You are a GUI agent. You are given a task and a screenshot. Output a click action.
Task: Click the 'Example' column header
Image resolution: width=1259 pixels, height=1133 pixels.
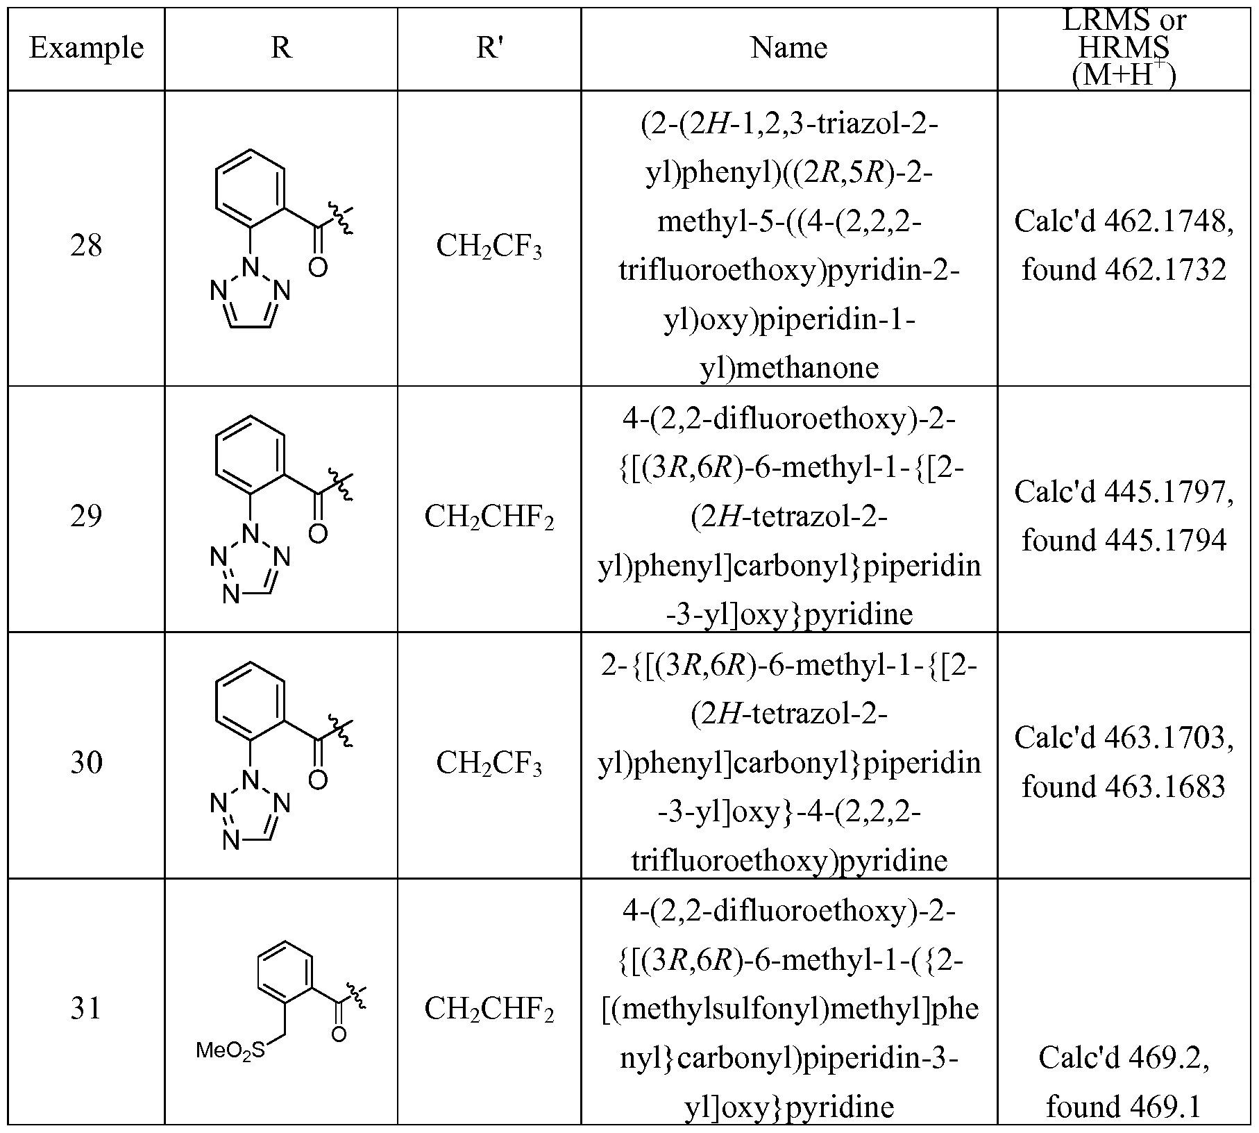86,48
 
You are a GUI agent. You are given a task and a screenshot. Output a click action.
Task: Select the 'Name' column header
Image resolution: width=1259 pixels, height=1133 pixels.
789,48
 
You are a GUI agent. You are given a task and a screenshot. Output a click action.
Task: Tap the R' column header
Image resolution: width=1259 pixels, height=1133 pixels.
489,48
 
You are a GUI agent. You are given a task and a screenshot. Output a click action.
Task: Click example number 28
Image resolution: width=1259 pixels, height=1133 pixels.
86,246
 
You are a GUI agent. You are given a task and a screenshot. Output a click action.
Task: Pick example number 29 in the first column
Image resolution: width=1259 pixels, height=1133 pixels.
86,516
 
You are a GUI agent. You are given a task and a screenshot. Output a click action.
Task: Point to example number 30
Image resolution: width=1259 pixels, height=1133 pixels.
86,762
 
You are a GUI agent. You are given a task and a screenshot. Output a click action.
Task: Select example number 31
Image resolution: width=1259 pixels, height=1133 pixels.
86,1008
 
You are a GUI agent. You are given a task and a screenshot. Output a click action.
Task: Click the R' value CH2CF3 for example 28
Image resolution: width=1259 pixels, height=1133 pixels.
489,247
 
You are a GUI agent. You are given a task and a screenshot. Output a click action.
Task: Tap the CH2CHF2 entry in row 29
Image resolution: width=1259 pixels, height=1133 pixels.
489,517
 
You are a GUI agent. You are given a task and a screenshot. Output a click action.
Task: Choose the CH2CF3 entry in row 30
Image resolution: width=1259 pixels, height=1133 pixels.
489,764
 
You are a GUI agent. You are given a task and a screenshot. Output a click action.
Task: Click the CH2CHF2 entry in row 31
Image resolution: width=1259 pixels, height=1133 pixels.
489,1009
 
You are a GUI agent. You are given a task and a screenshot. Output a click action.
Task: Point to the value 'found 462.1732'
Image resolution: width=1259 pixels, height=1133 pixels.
1124,269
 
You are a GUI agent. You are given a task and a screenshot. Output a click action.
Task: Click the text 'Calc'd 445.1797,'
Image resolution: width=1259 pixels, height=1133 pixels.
1124,492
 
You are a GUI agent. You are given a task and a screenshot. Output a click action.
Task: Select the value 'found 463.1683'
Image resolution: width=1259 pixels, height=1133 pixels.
1124,787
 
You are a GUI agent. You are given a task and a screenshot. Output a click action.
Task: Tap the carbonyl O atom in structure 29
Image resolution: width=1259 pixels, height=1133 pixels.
318,534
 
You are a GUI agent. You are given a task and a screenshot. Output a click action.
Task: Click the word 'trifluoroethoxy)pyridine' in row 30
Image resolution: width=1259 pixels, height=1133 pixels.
789,861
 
